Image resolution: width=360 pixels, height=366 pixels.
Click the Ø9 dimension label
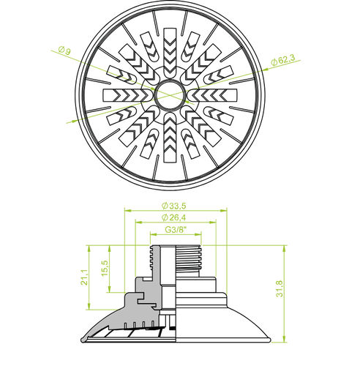point(64,50)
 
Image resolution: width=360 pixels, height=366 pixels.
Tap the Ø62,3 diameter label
point(283,60)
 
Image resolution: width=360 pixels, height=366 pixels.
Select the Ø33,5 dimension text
point(174,206)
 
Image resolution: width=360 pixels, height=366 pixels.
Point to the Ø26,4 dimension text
point(174,217)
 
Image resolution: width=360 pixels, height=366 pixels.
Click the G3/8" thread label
point(176,230)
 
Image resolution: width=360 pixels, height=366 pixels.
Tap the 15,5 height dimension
point(105,268)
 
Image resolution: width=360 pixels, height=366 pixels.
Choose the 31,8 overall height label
point(280,289)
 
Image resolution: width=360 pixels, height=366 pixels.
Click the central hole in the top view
point(170,94)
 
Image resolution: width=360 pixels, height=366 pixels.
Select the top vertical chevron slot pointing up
point(170,52)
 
